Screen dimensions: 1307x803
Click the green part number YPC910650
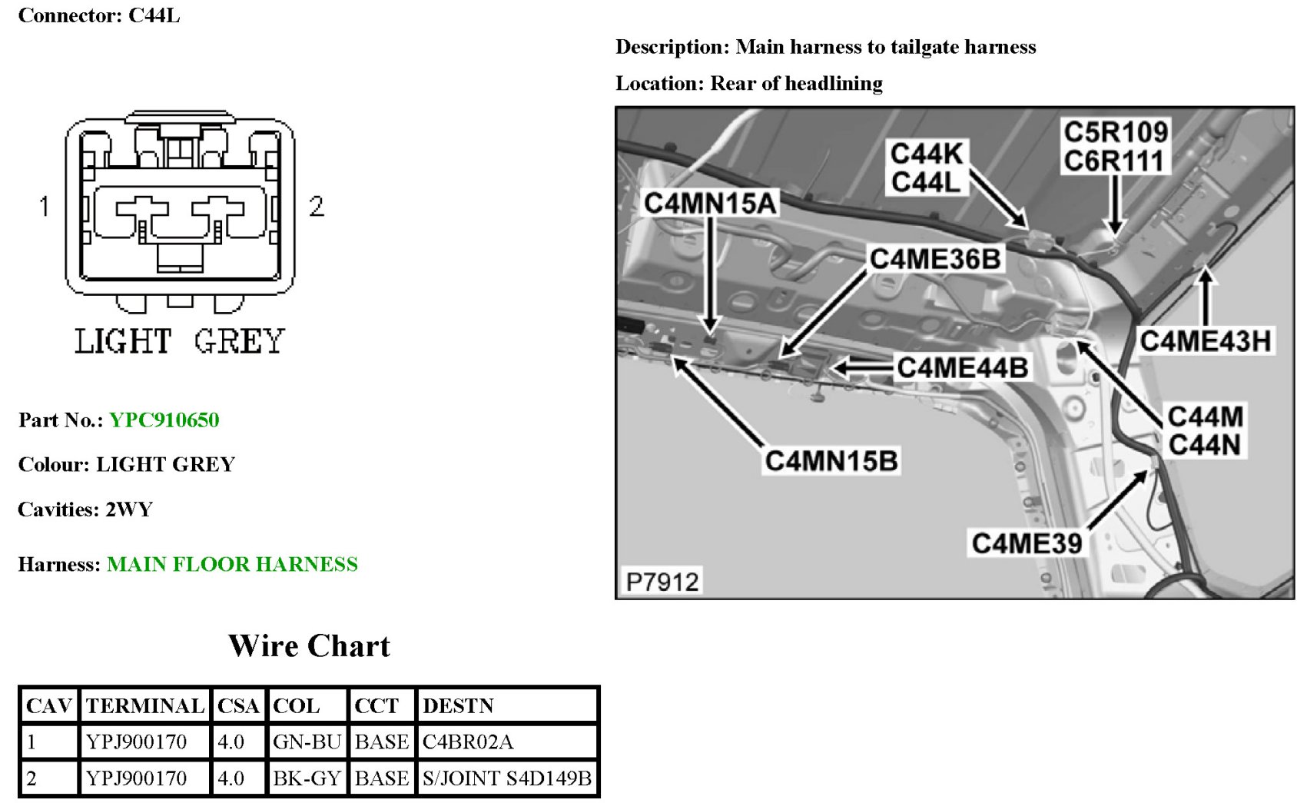click(164, 420)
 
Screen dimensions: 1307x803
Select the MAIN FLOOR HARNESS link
click(232, 565)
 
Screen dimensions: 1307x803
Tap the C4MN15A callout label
click(710, 203)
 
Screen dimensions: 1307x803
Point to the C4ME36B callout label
click(935, 259)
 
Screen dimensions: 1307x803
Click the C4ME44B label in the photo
click(962, 367)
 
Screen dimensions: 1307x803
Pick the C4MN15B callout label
click(831, 461)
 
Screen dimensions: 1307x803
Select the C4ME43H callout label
click(1205, 340)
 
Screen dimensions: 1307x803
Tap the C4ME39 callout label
click(1027, 543)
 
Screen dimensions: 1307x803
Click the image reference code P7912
click(662, 582)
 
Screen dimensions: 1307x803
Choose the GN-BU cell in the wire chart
click(307, 742)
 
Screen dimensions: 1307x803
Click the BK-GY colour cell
click(307, 778)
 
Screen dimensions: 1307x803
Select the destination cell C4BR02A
click(468, 742)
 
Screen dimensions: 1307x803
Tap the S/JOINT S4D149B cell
click(507, 778)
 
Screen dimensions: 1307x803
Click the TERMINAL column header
click(144, 706)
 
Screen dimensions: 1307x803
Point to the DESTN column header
click(458, 706)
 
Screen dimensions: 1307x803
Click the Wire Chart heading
click(309, 646)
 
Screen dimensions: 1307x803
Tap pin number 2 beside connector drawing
click(316, 206)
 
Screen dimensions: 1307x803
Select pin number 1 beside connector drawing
click(45, 206)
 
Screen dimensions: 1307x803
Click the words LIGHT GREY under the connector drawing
click(179, 341)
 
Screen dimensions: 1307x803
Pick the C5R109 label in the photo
click(1116, 132)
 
